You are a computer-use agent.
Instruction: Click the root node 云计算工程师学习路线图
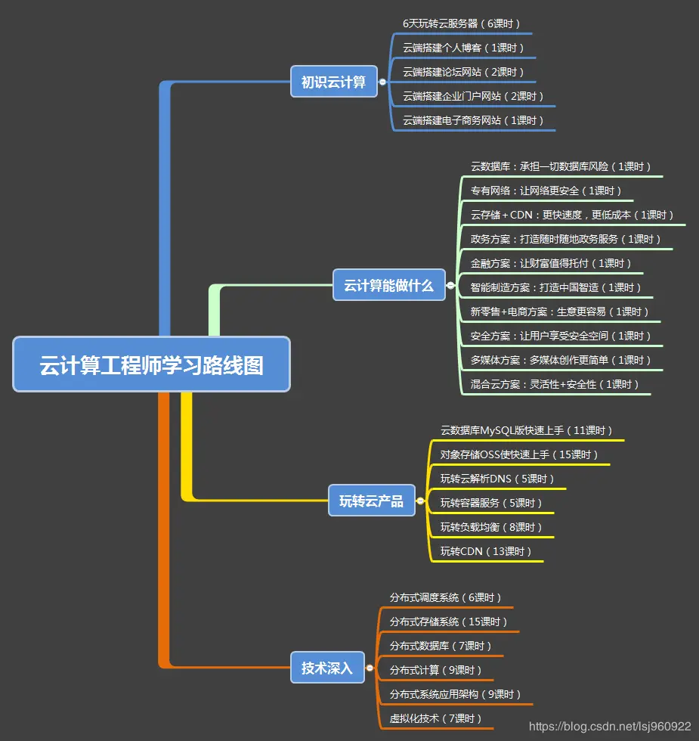click(x=151, y=365)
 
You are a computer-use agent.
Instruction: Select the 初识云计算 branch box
click(x=333, y=82)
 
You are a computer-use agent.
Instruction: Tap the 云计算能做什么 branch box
click(x=388, y=286)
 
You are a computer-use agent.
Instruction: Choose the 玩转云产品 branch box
click(x=371, y=501)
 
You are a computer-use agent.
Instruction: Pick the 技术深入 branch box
click(x=326, y=668)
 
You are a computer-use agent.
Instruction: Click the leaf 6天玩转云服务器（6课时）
click(x=462, y=23)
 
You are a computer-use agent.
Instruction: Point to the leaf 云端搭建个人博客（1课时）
click(x=463, y=48)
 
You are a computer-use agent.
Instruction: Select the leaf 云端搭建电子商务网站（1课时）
click(x=473, y=120)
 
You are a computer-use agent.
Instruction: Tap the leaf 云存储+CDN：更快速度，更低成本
click(x=572, y=215)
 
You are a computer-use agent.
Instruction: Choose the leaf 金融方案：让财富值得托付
click(x=551, y=263)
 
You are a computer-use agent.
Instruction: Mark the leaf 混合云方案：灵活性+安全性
click(x=555, y=384)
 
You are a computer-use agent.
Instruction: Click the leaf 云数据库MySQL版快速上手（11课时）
click(x=527, y=430)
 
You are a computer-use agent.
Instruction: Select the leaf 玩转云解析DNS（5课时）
click(x=497, y=479)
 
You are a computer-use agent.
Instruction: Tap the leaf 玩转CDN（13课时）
click(x=486, y=551)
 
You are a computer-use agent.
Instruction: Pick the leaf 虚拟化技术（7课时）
click(x=435, y=718)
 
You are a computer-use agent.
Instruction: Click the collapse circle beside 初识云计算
click(x=382, y=82)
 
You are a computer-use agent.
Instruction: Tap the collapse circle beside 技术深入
click(x=370, y=668)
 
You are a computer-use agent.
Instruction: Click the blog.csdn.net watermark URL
click(x=609, y=727)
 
